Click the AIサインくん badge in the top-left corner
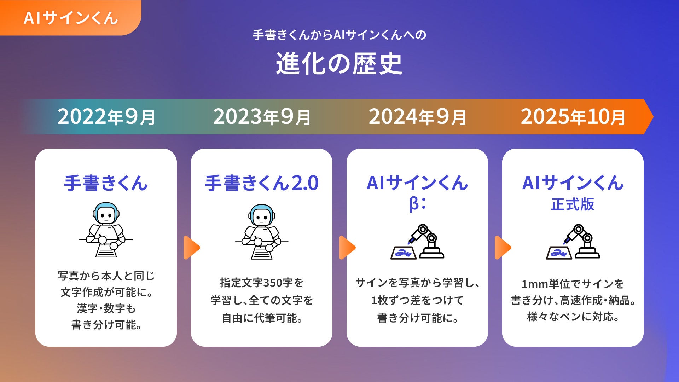(70, 18)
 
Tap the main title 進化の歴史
(339, 64)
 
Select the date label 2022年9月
(106, 117)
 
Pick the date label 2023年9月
(262, 117)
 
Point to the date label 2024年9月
(417, 117)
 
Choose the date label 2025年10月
(573, 117)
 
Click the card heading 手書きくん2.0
(262, 183)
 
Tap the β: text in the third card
(417, 204)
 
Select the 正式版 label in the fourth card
(573, 204)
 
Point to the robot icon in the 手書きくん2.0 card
(262, 232)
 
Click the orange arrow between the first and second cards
(191, 248)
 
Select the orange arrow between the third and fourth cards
(503, 248)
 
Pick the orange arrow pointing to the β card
(347, 248)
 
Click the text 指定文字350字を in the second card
(262, 283)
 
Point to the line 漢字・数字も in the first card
(106, 308)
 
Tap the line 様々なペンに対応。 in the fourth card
(573, 317)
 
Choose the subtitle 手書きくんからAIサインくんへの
(339, 35)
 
